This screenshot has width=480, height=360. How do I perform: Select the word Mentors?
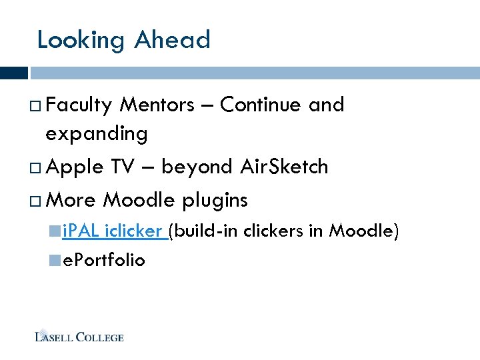(157, 105)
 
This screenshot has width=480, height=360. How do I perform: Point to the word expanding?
(97, 135)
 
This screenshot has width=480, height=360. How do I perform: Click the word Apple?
(76, 167)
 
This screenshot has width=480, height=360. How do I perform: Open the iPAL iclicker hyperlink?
(113, 231)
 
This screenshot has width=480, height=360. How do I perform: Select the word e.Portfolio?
(103, 260)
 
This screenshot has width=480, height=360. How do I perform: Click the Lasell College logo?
(79, 337)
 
